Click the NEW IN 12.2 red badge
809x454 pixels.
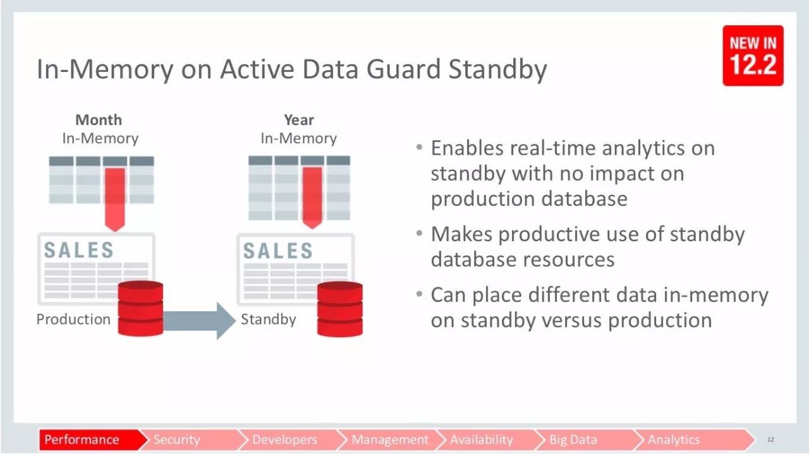[753, 56]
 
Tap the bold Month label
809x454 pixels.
[99, 120]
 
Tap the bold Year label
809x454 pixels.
[299, 120]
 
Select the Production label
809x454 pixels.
[73, 319]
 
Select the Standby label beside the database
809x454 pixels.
[269, 320]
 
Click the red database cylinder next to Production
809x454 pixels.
[140, 309]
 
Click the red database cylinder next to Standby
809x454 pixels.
[340, 309]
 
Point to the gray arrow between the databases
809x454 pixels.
[199, 321]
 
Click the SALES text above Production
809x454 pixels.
[79, 250]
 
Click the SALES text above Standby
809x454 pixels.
[277, 251]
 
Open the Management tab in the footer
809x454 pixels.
[390, 439]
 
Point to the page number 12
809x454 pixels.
[770, 439]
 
